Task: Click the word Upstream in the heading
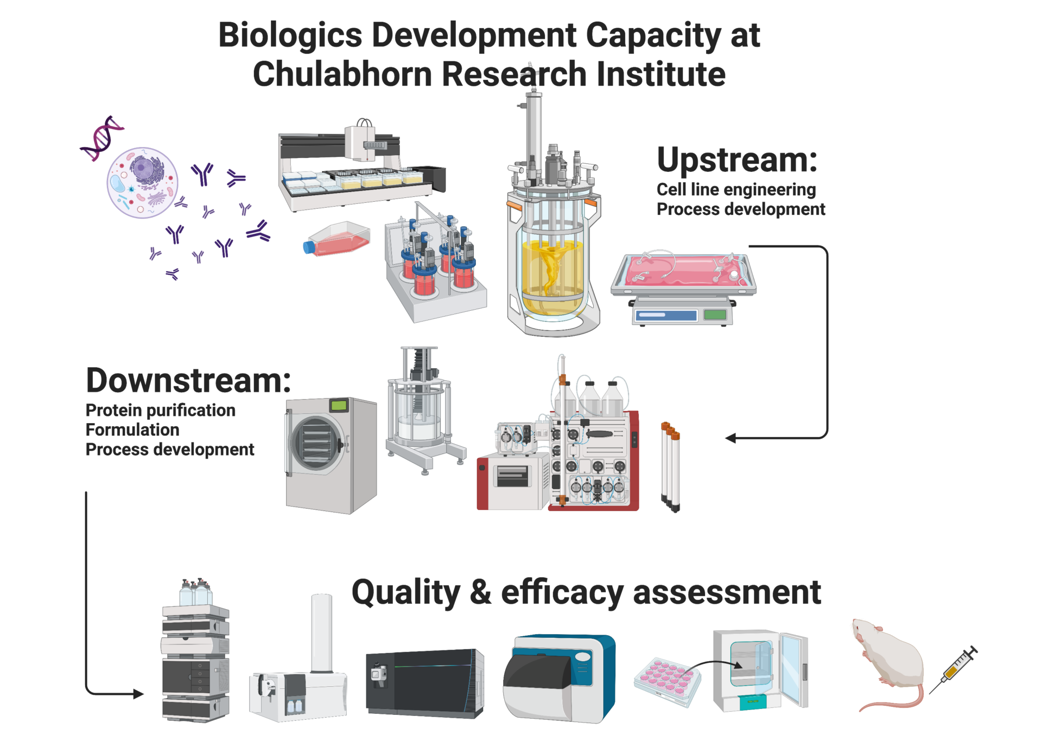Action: click(735, 161)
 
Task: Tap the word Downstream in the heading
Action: click(187, 381)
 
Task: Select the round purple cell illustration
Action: click(143, 183)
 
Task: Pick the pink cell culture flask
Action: click(339, 238)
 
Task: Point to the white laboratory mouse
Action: click(890, 662)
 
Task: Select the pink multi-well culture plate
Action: click(666, 681)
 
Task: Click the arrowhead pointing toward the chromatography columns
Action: click(730, 438)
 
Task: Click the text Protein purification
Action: click(161, 411)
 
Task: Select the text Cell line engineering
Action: click(736, 190)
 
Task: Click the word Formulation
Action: click(132, 430)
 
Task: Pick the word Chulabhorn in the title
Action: click(342, 74)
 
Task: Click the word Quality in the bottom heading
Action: click(405, 593)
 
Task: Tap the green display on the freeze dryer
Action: click(339, 405)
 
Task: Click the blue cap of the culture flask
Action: click(309, 248)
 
